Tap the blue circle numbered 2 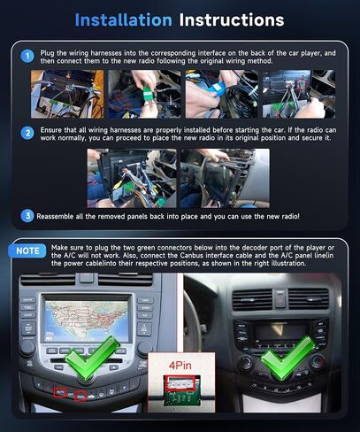point(27,131)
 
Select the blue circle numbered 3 point(27,215)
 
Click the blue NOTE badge point(29,250)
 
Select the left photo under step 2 point(131,177)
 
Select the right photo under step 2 point(224,177)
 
